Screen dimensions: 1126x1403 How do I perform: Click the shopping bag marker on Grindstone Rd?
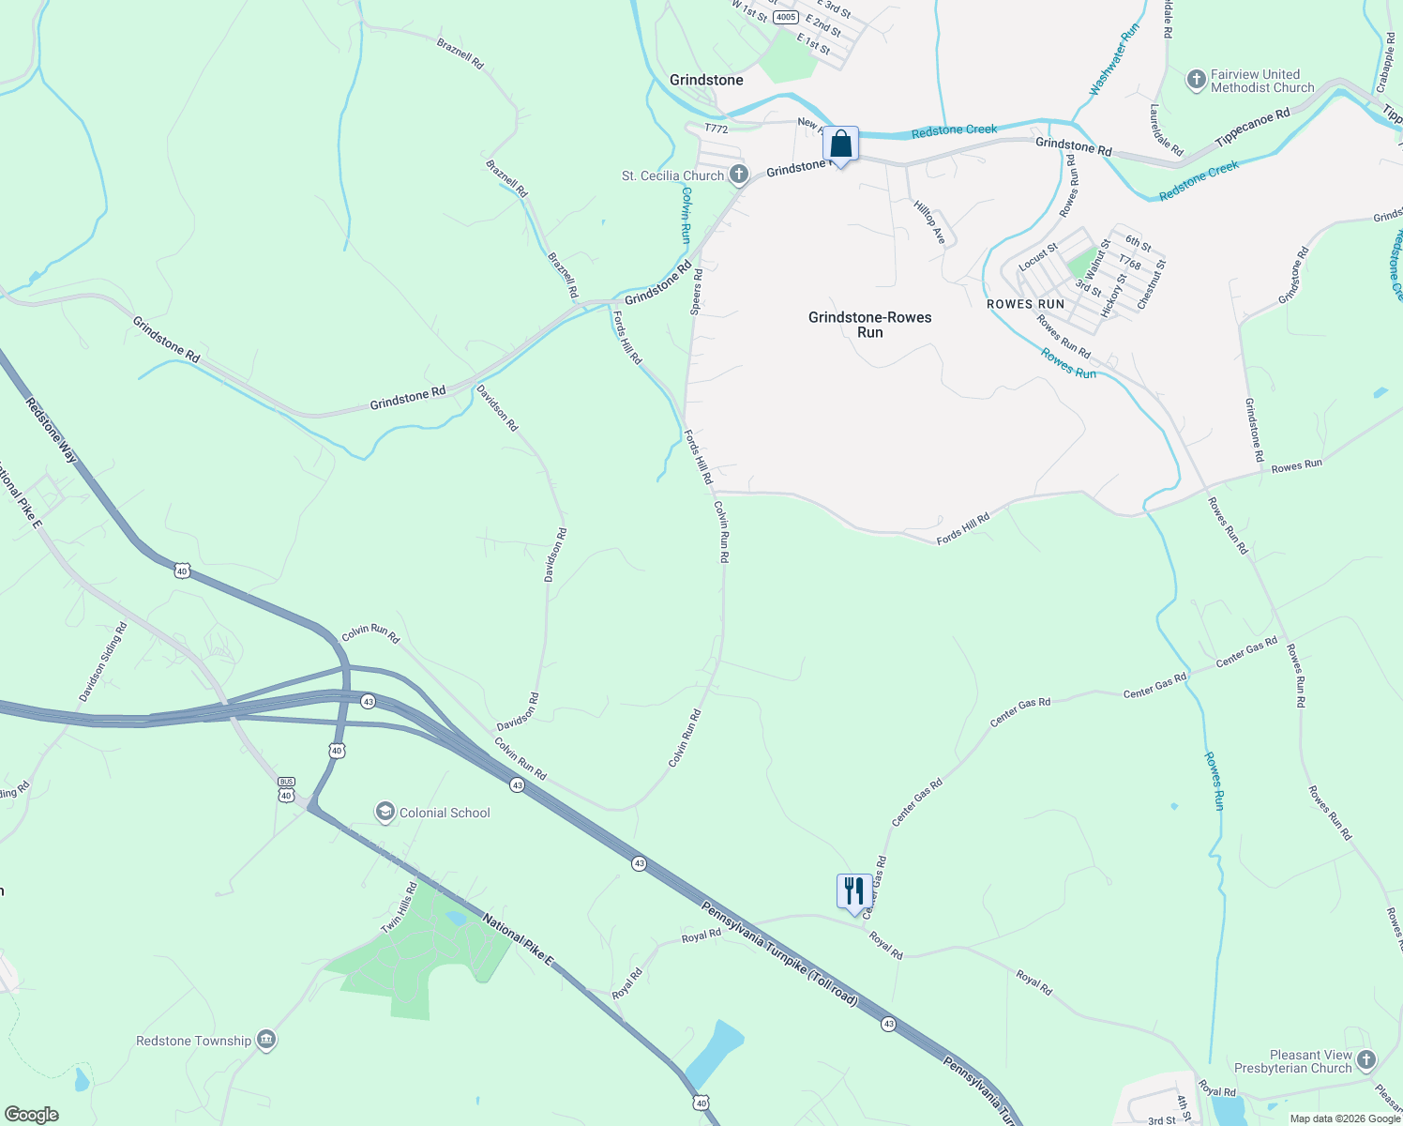(841, 145)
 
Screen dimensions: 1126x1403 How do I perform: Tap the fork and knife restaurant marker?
(853, 891)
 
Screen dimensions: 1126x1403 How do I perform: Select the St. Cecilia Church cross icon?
(739, 175)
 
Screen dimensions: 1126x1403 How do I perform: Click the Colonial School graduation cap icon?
(385, 812)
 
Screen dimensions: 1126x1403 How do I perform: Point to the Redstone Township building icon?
(266, 1040)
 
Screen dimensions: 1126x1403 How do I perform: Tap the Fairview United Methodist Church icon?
(1196, 80)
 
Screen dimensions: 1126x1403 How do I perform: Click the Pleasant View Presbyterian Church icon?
(1365, 1060)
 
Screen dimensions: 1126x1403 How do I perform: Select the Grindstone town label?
(706, 80)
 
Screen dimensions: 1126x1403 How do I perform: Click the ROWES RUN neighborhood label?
(1025, 304)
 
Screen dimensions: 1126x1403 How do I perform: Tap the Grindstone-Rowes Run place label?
(869, 325)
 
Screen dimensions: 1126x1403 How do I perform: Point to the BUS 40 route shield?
(286, 788)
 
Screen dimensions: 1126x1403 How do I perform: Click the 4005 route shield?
(786, 17)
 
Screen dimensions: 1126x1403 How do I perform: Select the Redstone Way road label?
(52, 430)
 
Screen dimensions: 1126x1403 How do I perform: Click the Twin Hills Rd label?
(399, 908)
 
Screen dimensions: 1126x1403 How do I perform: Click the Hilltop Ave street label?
(929, 223)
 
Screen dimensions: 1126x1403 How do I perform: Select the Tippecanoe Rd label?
(1252, 127)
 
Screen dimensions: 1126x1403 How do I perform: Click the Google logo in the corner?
(32, 1114)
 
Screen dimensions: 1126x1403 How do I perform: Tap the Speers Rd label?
(696, 292)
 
